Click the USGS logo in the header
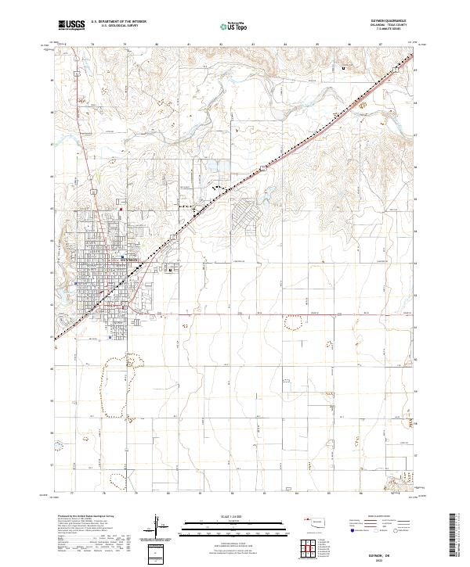click(71, 25)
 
